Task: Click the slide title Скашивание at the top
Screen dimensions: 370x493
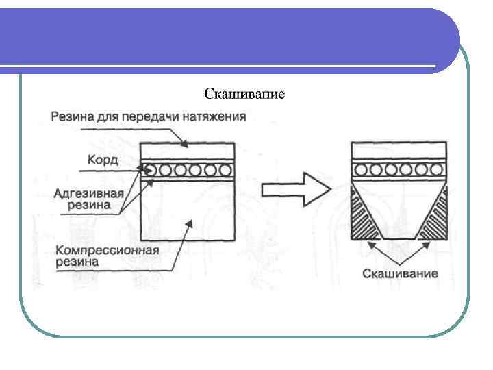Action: point(244,93)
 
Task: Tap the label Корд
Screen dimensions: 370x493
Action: point(102,160)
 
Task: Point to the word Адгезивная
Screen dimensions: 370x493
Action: point(89,193)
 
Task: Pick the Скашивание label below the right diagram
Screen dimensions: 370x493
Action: point(400,274)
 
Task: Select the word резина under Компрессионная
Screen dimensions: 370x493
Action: point(75,261)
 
